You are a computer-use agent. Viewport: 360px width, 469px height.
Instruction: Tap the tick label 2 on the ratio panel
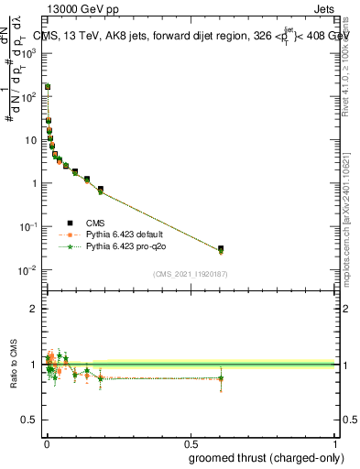[x=36, y=309]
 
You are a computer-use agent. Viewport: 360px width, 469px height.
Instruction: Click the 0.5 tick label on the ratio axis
[x=32, y=420]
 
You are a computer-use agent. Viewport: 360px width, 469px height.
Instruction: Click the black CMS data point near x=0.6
[x=221, y=248]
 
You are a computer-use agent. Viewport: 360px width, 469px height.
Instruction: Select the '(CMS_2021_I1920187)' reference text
[x=189, y=274]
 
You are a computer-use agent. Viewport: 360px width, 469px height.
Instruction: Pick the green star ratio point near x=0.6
[x=221, y=377]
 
